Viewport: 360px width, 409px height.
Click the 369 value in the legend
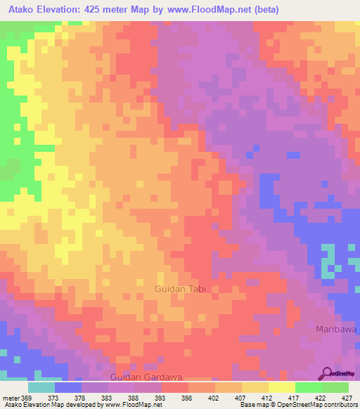pyautogui.click(x=27, y=398)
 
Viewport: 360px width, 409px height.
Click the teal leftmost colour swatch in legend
pyautogui.click(x=41, y=387)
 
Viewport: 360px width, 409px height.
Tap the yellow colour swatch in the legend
pyautogui.click(x=281, y=387)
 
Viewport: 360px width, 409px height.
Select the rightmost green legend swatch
pyautogui.click(x=335, y=387)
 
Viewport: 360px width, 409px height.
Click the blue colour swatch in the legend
pyautogui.click(x=67, y=387)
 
